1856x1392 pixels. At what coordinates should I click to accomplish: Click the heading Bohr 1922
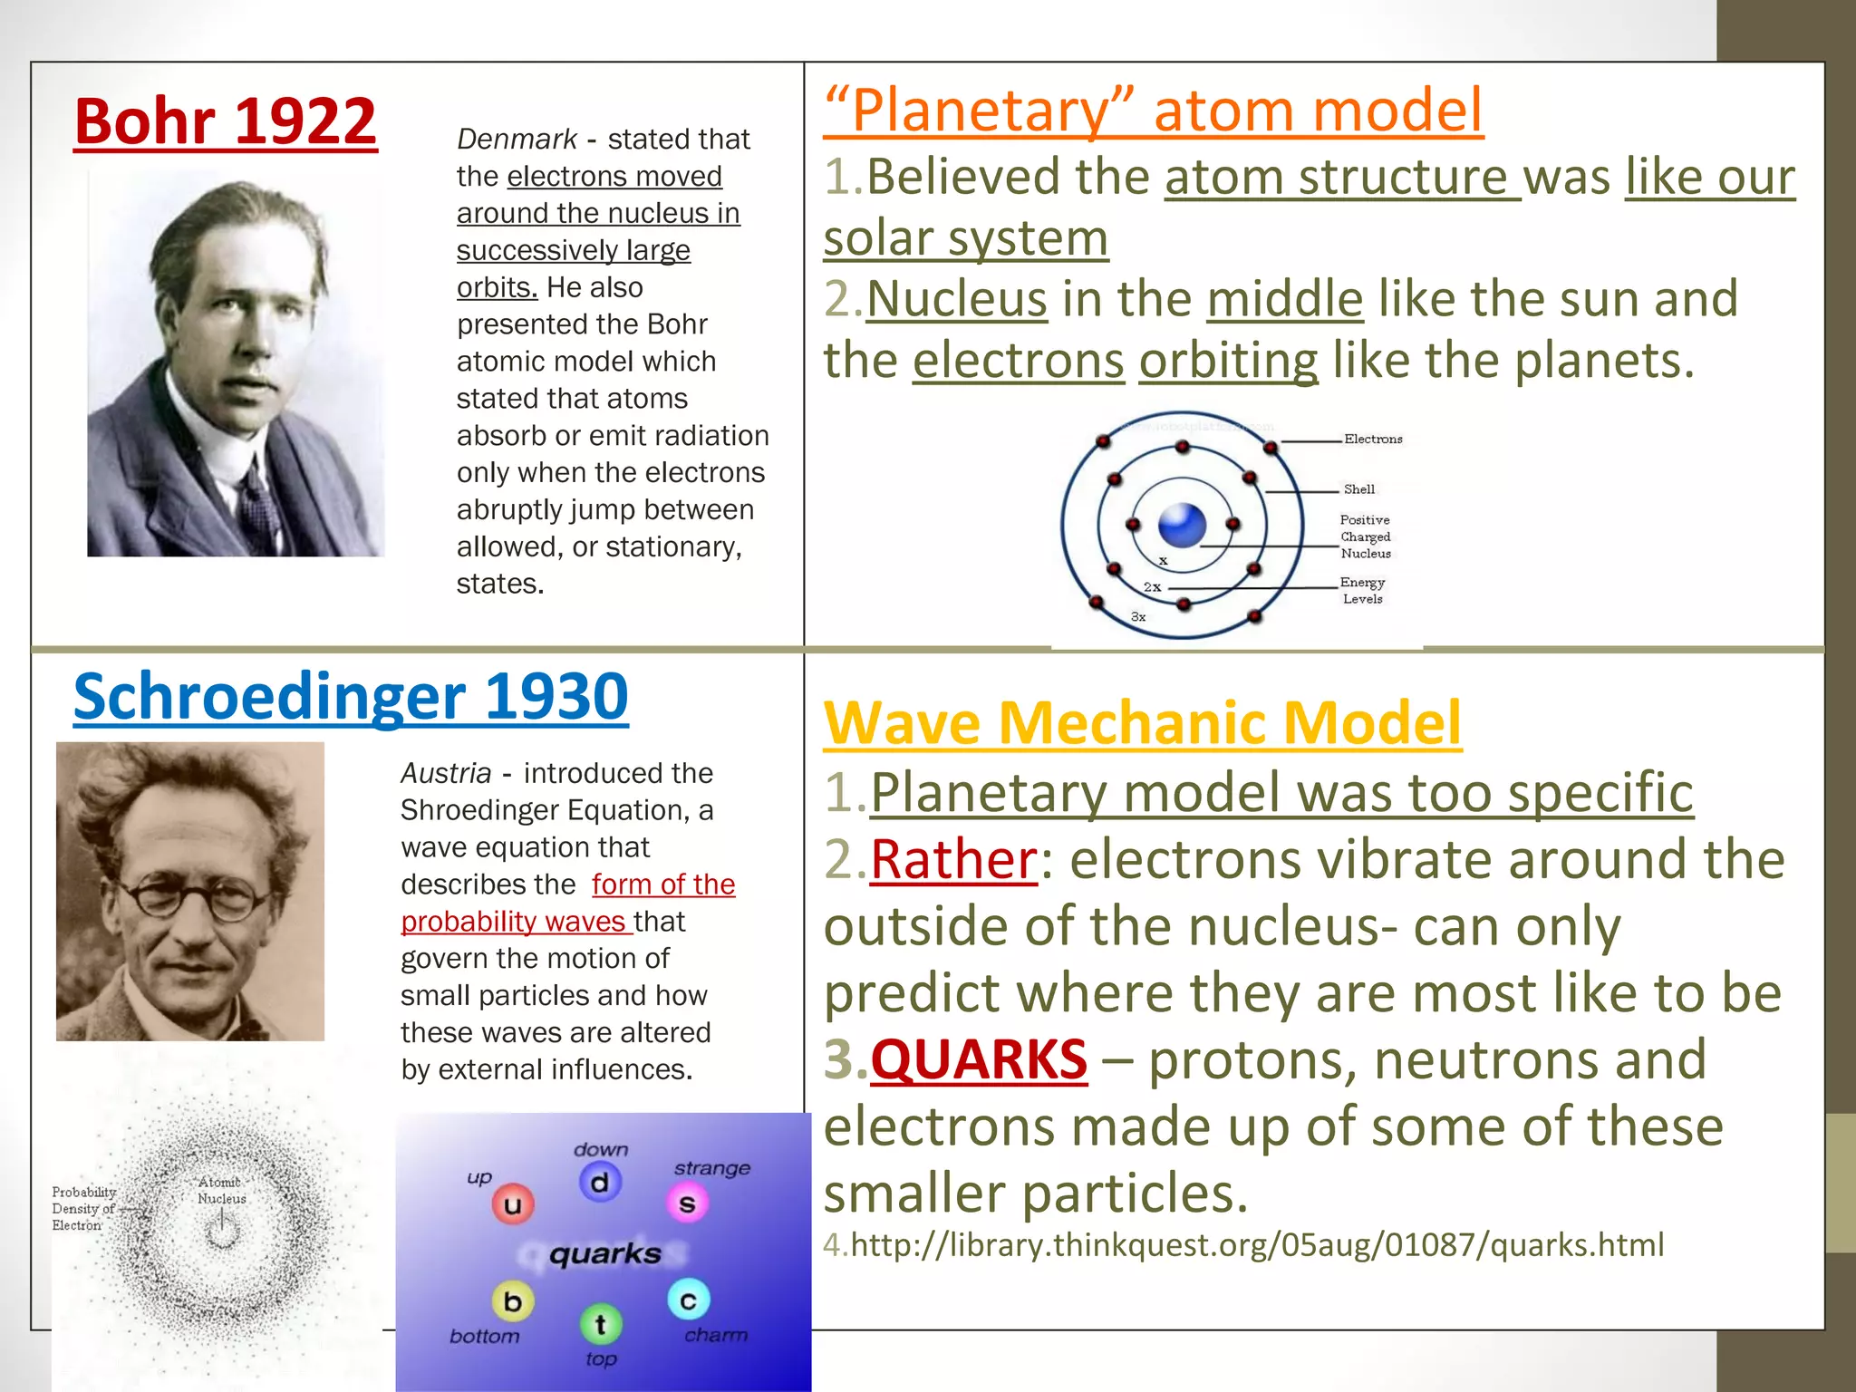[225, 121]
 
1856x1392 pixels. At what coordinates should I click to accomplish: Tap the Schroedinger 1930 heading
[351, 696]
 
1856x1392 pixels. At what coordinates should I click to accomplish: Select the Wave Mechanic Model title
[1142, 722]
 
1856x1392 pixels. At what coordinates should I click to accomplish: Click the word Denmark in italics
[517, 140]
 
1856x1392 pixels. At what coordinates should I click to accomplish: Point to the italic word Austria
[446, 773]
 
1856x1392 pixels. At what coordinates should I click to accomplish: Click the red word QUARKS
[979, 1059]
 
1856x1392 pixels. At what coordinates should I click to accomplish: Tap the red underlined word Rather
[953, 859]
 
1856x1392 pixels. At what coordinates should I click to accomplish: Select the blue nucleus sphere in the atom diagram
[1182, 525]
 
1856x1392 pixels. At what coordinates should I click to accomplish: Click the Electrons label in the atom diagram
[1372, 440]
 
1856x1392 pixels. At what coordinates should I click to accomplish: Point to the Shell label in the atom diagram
[1358, 489]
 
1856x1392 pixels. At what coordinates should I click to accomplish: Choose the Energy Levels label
[1362, 590]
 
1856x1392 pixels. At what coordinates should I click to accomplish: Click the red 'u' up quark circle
[513, 1204]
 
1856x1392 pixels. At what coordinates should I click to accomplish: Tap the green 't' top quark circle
[600, 1324]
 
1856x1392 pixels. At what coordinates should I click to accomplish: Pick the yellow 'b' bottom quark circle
[513, 1301]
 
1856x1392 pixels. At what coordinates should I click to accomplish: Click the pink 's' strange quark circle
[688, 1203]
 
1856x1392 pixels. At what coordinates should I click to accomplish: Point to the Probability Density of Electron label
[83, 1209]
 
